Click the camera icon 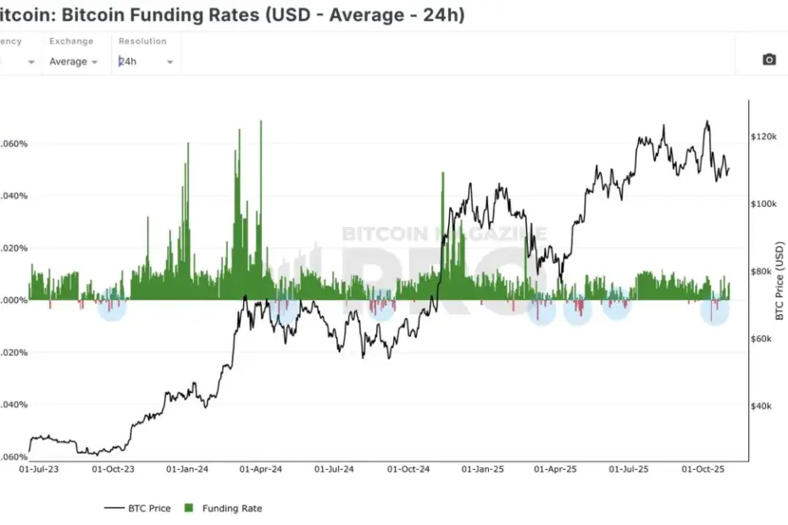[x=769, y=59]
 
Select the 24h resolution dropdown [x=146, y=62]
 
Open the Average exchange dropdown [x=73, y=62]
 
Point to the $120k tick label [x=763, y=136]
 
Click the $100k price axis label [x=763, y=204]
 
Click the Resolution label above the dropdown [x=142, y=41]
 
